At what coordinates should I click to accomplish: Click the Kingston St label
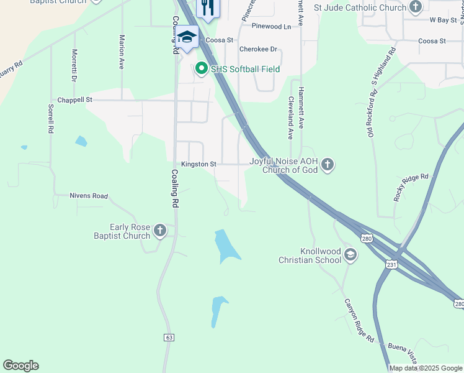click(199, 164)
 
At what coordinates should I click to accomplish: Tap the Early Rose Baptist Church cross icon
click(159, 231)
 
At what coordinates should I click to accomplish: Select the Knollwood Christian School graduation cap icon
click(350, 255)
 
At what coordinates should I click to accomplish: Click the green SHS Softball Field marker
click(201, 69)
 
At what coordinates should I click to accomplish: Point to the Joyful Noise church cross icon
click(328, 165)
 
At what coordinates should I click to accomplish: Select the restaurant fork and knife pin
click(207, 7)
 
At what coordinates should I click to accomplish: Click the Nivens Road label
click(89, 196)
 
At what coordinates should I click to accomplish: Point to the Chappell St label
click(74, 99)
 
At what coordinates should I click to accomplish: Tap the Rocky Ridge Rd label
click(411, 186)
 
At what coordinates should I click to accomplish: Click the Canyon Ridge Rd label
click(359, 321)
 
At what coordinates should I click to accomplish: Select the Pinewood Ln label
click(270, 27)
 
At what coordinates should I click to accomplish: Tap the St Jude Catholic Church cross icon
click(416, 7)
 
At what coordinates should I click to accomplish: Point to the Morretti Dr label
click(74, 66)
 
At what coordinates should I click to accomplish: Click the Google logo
click(20, 366)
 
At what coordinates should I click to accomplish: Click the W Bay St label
click(443, 20)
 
